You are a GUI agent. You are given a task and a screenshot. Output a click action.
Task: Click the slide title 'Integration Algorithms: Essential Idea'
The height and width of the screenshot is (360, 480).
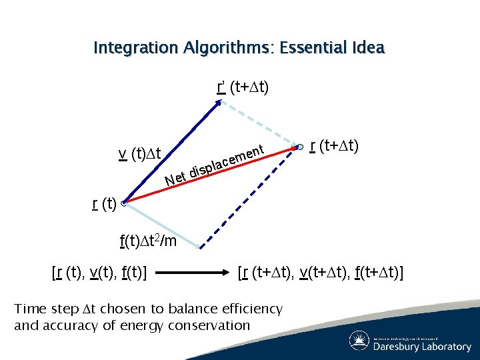point(239,48)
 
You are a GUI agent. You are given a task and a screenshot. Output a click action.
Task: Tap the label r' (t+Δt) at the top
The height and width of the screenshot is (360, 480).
point(243,87)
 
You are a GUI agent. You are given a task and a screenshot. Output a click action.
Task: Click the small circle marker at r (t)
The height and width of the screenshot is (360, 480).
point(124,205)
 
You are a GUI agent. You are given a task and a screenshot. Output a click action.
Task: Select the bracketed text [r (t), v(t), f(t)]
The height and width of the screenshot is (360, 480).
point(99,273)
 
